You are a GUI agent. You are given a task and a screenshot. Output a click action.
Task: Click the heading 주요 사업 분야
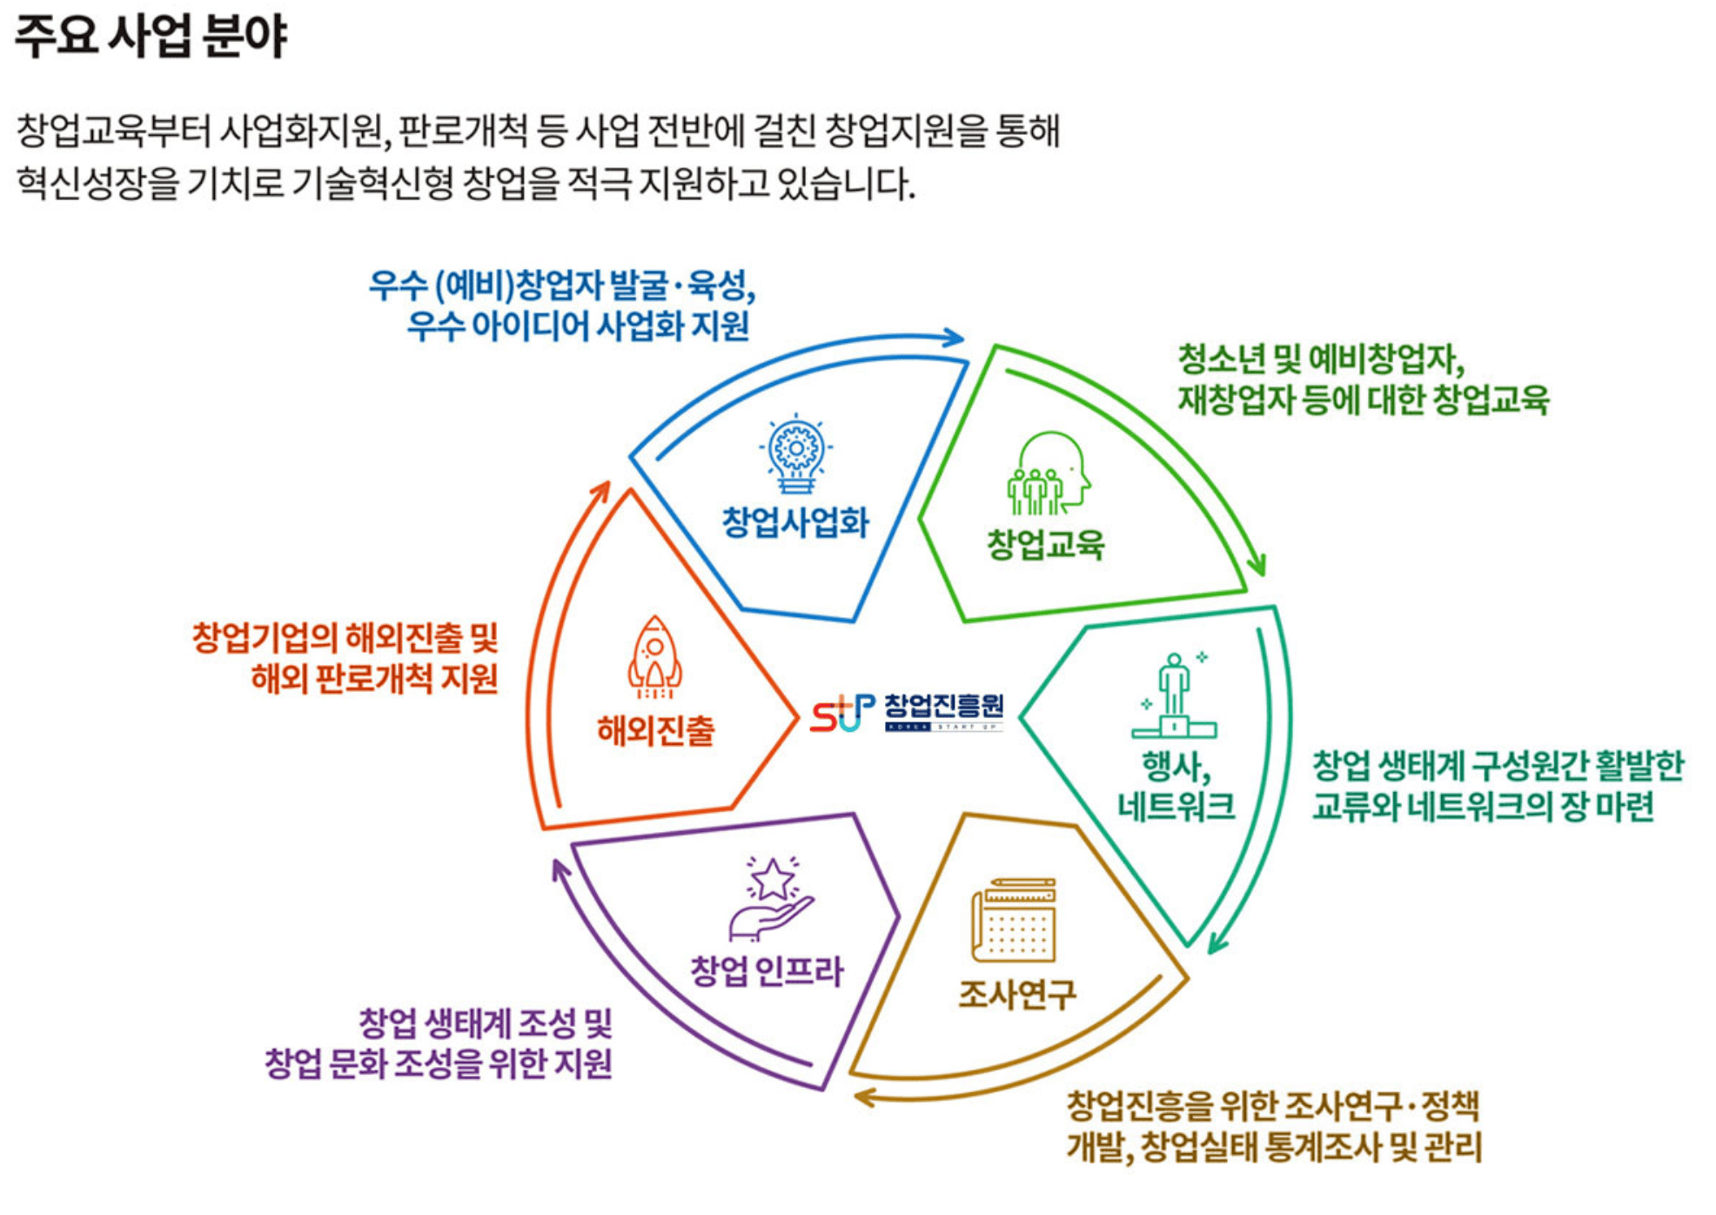(x=151, y=36)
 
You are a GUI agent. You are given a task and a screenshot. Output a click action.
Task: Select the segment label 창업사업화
(x=795, y=522)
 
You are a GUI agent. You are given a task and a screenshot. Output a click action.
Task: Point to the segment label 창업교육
(x=1045, y=545)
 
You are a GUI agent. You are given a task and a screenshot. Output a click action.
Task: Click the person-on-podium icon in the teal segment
(x=1174, y=696)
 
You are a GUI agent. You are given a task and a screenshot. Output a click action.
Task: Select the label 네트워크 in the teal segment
(x=1176, y=806)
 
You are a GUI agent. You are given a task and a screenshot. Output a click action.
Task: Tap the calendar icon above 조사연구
(x=1014, y=919)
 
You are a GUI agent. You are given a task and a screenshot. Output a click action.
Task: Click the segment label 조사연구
(x=1017, y=993)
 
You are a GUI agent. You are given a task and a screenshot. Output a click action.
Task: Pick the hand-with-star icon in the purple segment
(x=771, y=899)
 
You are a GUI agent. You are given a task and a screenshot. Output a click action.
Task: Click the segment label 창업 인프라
(x=767, y=970)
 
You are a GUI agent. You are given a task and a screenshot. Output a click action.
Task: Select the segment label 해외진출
(x=655, y=730)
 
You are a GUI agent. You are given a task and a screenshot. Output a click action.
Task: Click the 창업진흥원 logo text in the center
(x=943, y=707)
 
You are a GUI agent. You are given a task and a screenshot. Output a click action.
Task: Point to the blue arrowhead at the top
(x=955, y=338)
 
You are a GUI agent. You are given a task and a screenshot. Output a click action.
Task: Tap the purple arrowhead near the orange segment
(x=560, y=869)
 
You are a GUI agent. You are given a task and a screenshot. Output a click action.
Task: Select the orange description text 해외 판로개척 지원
(x=374, y=678)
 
